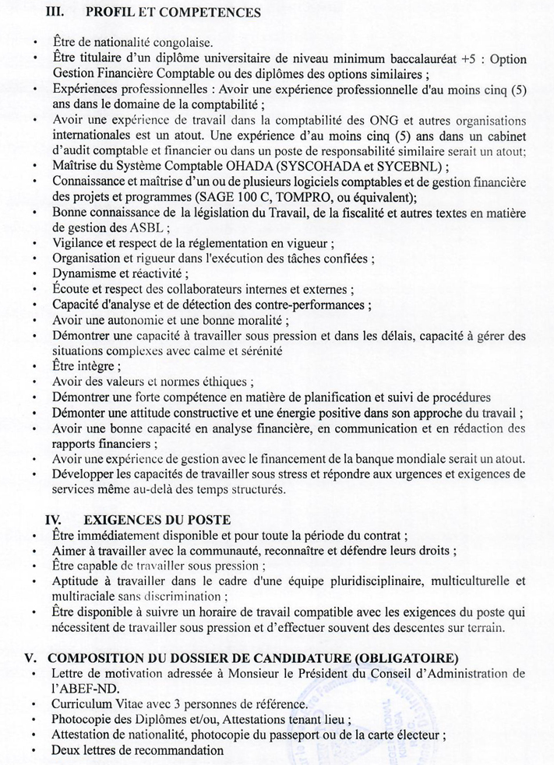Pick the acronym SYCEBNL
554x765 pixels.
point(415,166)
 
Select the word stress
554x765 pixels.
point(289,474)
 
